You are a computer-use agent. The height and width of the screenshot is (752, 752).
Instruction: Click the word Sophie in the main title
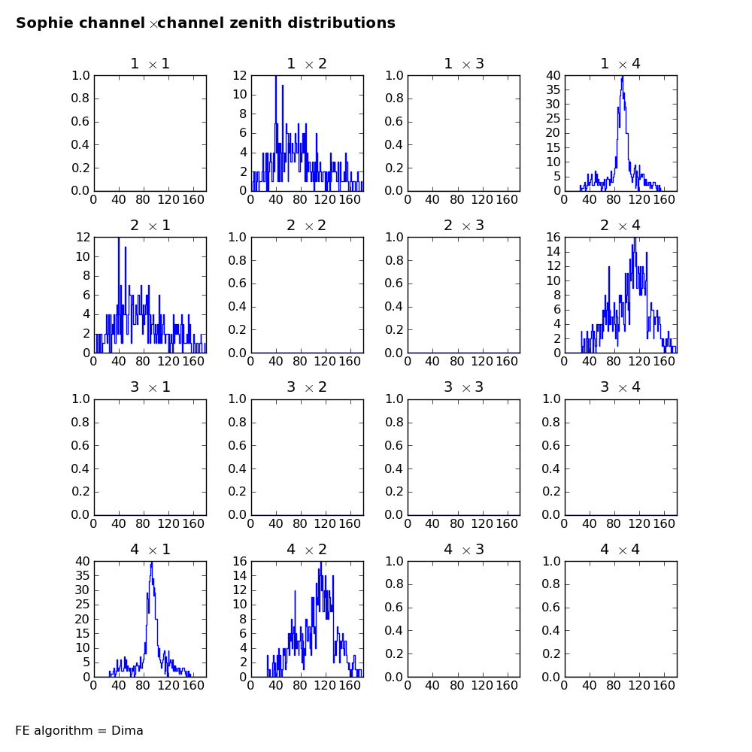43,23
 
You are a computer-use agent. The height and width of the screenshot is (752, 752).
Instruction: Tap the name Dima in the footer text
127,730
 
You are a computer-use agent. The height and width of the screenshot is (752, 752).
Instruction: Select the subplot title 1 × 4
620,64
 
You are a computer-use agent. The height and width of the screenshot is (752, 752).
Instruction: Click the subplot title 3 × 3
464,387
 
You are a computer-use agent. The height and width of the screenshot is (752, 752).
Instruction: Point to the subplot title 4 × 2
307,549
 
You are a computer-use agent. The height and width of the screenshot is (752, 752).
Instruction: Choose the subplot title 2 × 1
150,226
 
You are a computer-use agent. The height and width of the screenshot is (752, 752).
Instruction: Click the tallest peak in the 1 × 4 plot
622,77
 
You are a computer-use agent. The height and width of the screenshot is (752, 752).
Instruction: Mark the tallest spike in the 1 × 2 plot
276,77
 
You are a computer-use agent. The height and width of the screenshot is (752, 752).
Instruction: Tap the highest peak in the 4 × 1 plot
152,563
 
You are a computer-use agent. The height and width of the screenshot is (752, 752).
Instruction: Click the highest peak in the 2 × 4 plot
635,238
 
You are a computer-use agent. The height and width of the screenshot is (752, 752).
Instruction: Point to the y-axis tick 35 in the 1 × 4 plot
553,89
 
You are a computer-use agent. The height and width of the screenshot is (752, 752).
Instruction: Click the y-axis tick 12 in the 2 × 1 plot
83,237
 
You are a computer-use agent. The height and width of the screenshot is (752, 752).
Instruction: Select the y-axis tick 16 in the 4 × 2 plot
240,561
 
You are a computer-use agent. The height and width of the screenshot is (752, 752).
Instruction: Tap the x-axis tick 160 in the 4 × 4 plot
664,685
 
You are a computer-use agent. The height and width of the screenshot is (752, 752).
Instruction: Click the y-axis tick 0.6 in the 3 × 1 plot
80,445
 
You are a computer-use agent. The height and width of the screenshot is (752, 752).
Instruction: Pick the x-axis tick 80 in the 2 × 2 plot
300,361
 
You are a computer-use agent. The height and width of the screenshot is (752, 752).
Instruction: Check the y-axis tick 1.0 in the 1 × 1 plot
80,75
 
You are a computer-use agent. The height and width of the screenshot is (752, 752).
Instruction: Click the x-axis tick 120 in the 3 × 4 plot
639,523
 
